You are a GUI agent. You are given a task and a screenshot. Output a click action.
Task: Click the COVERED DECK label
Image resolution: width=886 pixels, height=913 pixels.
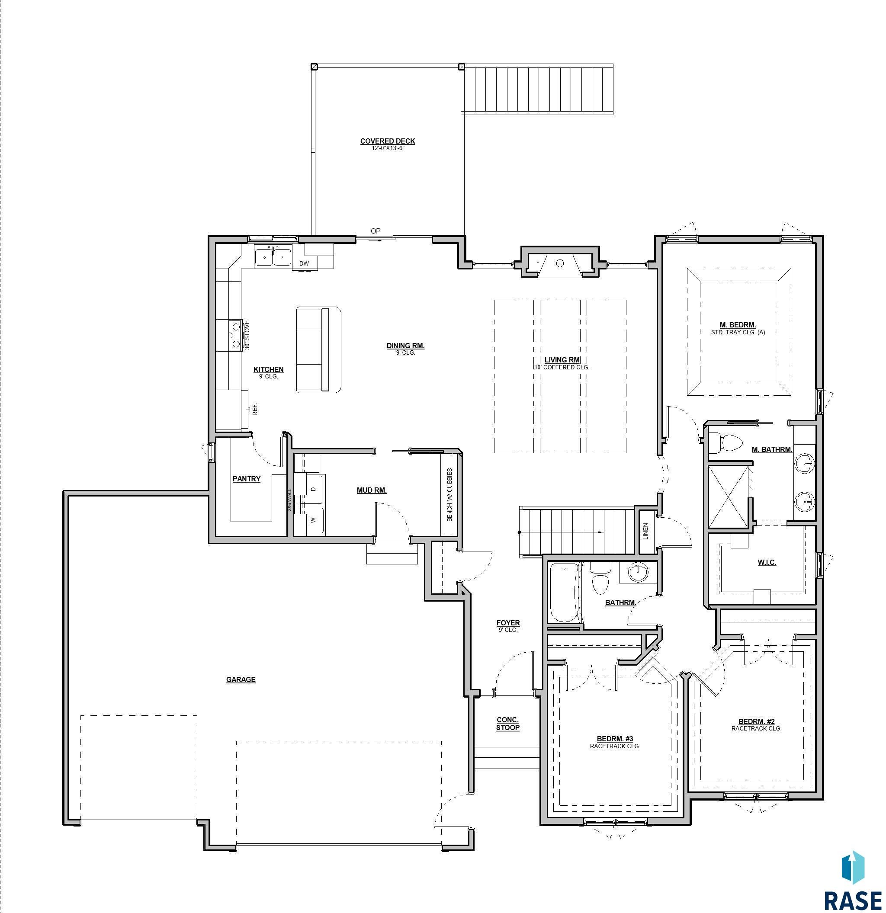coord(387,141)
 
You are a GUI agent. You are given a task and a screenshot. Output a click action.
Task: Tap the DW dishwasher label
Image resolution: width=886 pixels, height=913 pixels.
coord(304,264)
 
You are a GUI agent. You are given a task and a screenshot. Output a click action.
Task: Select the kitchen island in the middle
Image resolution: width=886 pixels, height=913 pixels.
coord(319,349)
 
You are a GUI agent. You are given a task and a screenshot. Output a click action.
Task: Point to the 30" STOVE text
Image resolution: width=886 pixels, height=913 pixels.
coord(247,335)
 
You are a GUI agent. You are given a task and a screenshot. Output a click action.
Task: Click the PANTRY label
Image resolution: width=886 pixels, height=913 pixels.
coord(247,479)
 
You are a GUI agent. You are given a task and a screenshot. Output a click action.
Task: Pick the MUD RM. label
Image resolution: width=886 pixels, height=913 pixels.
coord(371,490)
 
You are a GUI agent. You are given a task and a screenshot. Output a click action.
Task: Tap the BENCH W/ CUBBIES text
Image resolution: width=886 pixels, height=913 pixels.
coord(449,495)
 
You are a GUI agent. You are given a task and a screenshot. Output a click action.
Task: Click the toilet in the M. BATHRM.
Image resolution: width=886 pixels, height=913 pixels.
coord(726,442)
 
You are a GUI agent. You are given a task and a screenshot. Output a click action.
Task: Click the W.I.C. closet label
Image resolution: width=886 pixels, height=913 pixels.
coord(766,562)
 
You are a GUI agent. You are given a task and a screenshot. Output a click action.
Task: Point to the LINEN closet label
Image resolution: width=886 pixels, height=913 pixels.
coord(645,531)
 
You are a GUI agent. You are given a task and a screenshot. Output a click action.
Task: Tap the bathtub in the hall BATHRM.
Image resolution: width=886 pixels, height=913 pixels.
coord(563,593)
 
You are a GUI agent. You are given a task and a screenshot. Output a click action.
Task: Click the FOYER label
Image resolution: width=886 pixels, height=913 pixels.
coord(508,623)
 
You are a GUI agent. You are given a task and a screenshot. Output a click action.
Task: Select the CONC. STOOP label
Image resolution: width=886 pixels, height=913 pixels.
coord(507,724)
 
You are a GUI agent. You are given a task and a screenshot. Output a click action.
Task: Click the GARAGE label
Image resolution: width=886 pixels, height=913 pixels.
coord(241,679)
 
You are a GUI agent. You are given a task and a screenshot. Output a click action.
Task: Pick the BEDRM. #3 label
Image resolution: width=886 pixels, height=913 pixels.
coord(614,739)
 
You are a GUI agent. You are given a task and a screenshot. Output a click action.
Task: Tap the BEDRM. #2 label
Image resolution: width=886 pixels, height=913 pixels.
coord(756,721)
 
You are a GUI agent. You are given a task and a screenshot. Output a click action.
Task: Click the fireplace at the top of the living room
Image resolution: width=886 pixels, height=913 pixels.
coord(559,264)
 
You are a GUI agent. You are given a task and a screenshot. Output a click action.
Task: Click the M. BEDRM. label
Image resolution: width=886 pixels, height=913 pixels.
coord(738,325)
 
